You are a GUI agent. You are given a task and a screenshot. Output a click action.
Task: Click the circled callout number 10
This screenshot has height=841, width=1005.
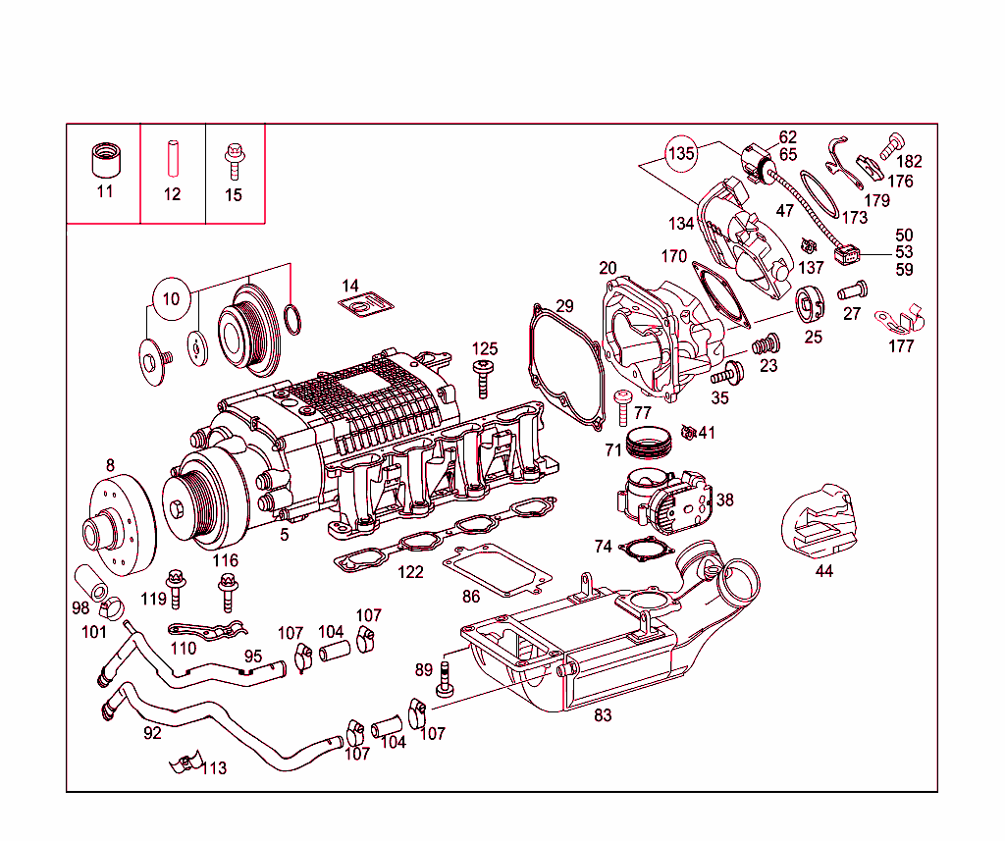(x=172, y=298)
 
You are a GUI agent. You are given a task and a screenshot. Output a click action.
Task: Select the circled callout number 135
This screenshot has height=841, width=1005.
(x=681, y=154)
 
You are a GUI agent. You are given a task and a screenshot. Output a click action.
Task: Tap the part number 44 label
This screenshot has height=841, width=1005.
(x=823, y=570)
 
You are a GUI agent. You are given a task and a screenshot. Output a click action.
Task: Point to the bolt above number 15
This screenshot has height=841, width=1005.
(x=234, y=157)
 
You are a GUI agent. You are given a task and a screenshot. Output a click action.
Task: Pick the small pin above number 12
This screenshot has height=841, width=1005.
(x=172, y=157)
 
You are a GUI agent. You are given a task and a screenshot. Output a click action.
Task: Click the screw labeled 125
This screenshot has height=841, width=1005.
(x=484, y=377)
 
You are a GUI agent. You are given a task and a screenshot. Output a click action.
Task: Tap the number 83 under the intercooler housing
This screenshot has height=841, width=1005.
(x=603, y=715)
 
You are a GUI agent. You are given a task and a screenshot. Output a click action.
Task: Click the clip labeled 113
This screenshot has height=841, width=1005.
(x=184, y=763)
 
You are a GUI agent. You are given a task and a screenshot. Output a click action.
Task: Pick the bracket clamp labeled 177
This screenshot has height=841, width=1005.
(x=900, y=319)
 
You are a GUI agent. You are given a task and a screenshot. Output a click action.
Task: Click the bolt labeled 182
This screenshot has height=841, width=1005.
(x=891, y=144)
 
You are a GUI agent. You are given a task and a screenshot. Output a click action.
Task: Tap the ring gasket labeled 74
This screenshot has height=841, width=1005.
(x=646, y=551)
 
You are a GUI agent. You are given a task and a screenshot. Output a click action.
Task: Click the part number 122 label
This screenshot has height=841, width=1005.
(x=410, y=572)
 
